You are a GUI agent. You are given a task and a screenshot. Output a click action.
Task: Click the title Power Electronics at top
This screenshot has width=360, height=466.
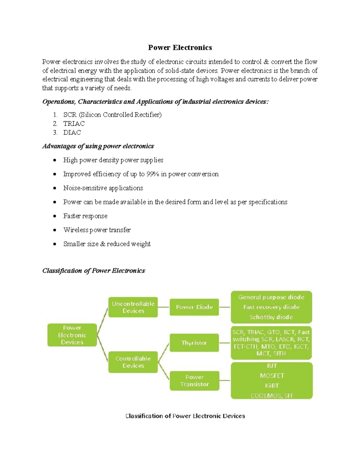point(180,47)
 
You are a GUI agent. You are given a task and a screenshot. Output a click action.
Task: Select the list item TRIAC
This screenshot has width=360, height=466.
point(74,124)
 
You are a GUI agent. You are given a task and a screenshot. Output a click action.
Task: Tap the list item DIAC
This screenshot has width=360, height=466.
point(72,133)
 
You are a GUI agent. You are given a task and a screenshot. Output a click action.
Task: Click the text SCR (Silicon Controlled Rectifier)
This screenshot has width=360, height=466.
point(112,115)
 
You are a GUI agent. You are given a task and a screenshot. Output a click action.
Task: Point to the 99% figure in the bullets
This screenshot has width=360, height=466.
point(153,174)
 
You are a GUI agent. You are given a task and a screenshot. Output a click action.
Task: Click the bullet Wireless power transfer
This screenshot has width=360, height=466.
point(97,230)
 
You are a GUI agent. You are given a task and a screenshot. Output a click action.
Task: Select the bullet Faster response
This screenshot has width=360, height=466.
point(85,216)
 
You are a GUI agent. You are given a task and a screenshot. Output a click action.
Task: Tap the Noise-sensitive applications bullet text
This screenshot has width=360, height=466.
point(103,188)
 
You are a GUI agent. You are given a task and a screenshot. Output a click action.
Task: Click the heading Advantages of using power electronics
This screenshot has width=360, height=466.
point(98,146)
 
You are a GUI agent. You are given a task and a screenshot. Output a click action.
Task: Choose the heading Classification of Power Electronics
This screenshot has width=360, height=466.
point(94,271)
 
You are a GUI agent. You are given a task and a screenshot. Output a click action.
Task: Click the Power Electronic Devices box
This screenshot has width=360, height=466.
point(72,335)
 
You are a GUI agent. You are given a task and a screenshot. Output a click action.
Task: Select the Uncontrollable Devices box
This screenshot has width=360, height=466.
point(133,307)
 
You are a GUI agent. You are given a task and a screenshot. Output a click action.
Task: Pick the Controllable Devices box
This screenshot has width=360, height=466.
point(133,362)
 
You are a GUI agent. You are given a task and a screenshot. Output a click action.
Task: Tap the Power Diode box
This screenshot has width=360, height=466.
point(194,307)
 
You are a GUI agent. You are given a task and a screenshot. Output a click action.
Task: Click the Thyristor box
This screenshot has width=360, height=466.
point(194,343)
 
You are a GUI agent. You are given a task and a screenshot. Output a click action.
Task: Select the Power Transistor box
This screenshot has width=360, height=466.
point(194,381)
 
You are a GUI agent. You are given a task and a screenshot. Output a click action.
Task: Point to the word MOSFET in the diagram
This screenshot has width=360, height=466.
point(272,376)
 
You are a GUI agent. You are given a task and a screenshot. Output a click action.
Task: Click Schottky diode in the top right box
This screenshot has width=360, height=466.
point(271,317)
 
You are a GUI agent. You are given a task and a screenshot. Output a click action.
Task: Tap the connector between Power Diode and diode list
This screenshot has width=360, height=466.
point(225,307)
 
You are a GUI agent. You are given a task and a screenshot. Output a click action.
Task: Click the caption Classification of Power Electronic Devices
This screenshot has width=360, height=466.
point(185,416)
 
